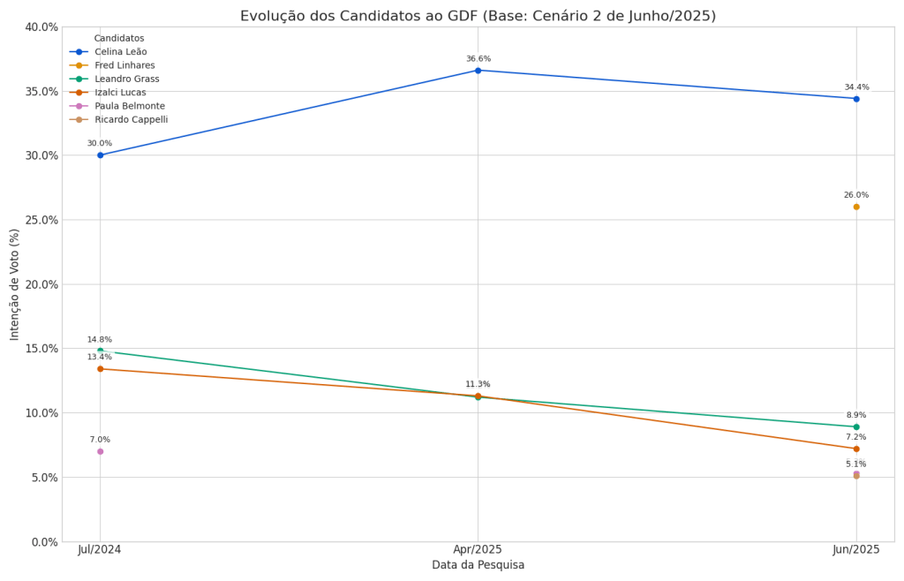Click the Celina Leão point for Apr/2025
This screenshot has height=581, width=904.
(x=478, y=71)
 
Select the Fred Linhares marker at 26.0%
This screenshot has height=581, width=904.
(x=855, y=207)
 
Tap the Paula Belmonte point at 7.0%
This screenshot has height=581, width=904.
(x=100, y=451)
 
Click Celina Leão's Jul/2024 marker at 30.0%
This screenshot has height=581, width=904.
(x=100, y=155)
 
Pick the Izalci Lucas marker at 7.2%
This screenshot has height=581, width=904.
(x=855, y=449)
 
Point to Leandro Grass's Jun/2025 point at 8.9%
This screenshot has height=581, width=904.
(x=855, y=427)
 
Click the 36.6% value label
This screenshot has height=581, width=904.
(x=478, y=59)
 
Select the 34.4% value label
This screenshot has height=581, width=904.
(x=855, y=87)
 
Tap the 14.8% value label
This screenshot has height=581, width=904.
(x=100, y=340)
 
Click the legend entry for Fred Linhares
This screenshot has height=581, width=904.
(x=124, y=65)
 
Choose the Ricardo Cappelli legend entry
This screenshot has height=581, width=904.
(x=131, y=120)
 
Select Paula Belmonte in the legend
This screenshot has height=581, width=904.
(x=130, y=106)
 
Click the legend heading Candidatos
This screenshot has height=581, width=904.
(x=119, y=39)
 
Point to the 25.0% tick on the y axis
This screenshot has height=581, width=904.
(x=39, y=220)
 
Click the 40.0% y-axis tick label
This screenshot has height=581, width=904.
(x=39, y=27)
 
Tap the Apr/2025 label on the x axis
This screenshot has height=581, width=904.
(x=478, y=549)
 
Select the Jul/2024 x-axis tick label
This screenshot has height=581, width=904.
(x=100, y=549)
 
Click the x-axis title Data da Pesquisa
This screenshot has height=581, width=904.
(x=478, y=565)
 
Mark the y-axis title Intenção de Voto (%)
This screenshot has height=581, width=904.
(x=15, y=284)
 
